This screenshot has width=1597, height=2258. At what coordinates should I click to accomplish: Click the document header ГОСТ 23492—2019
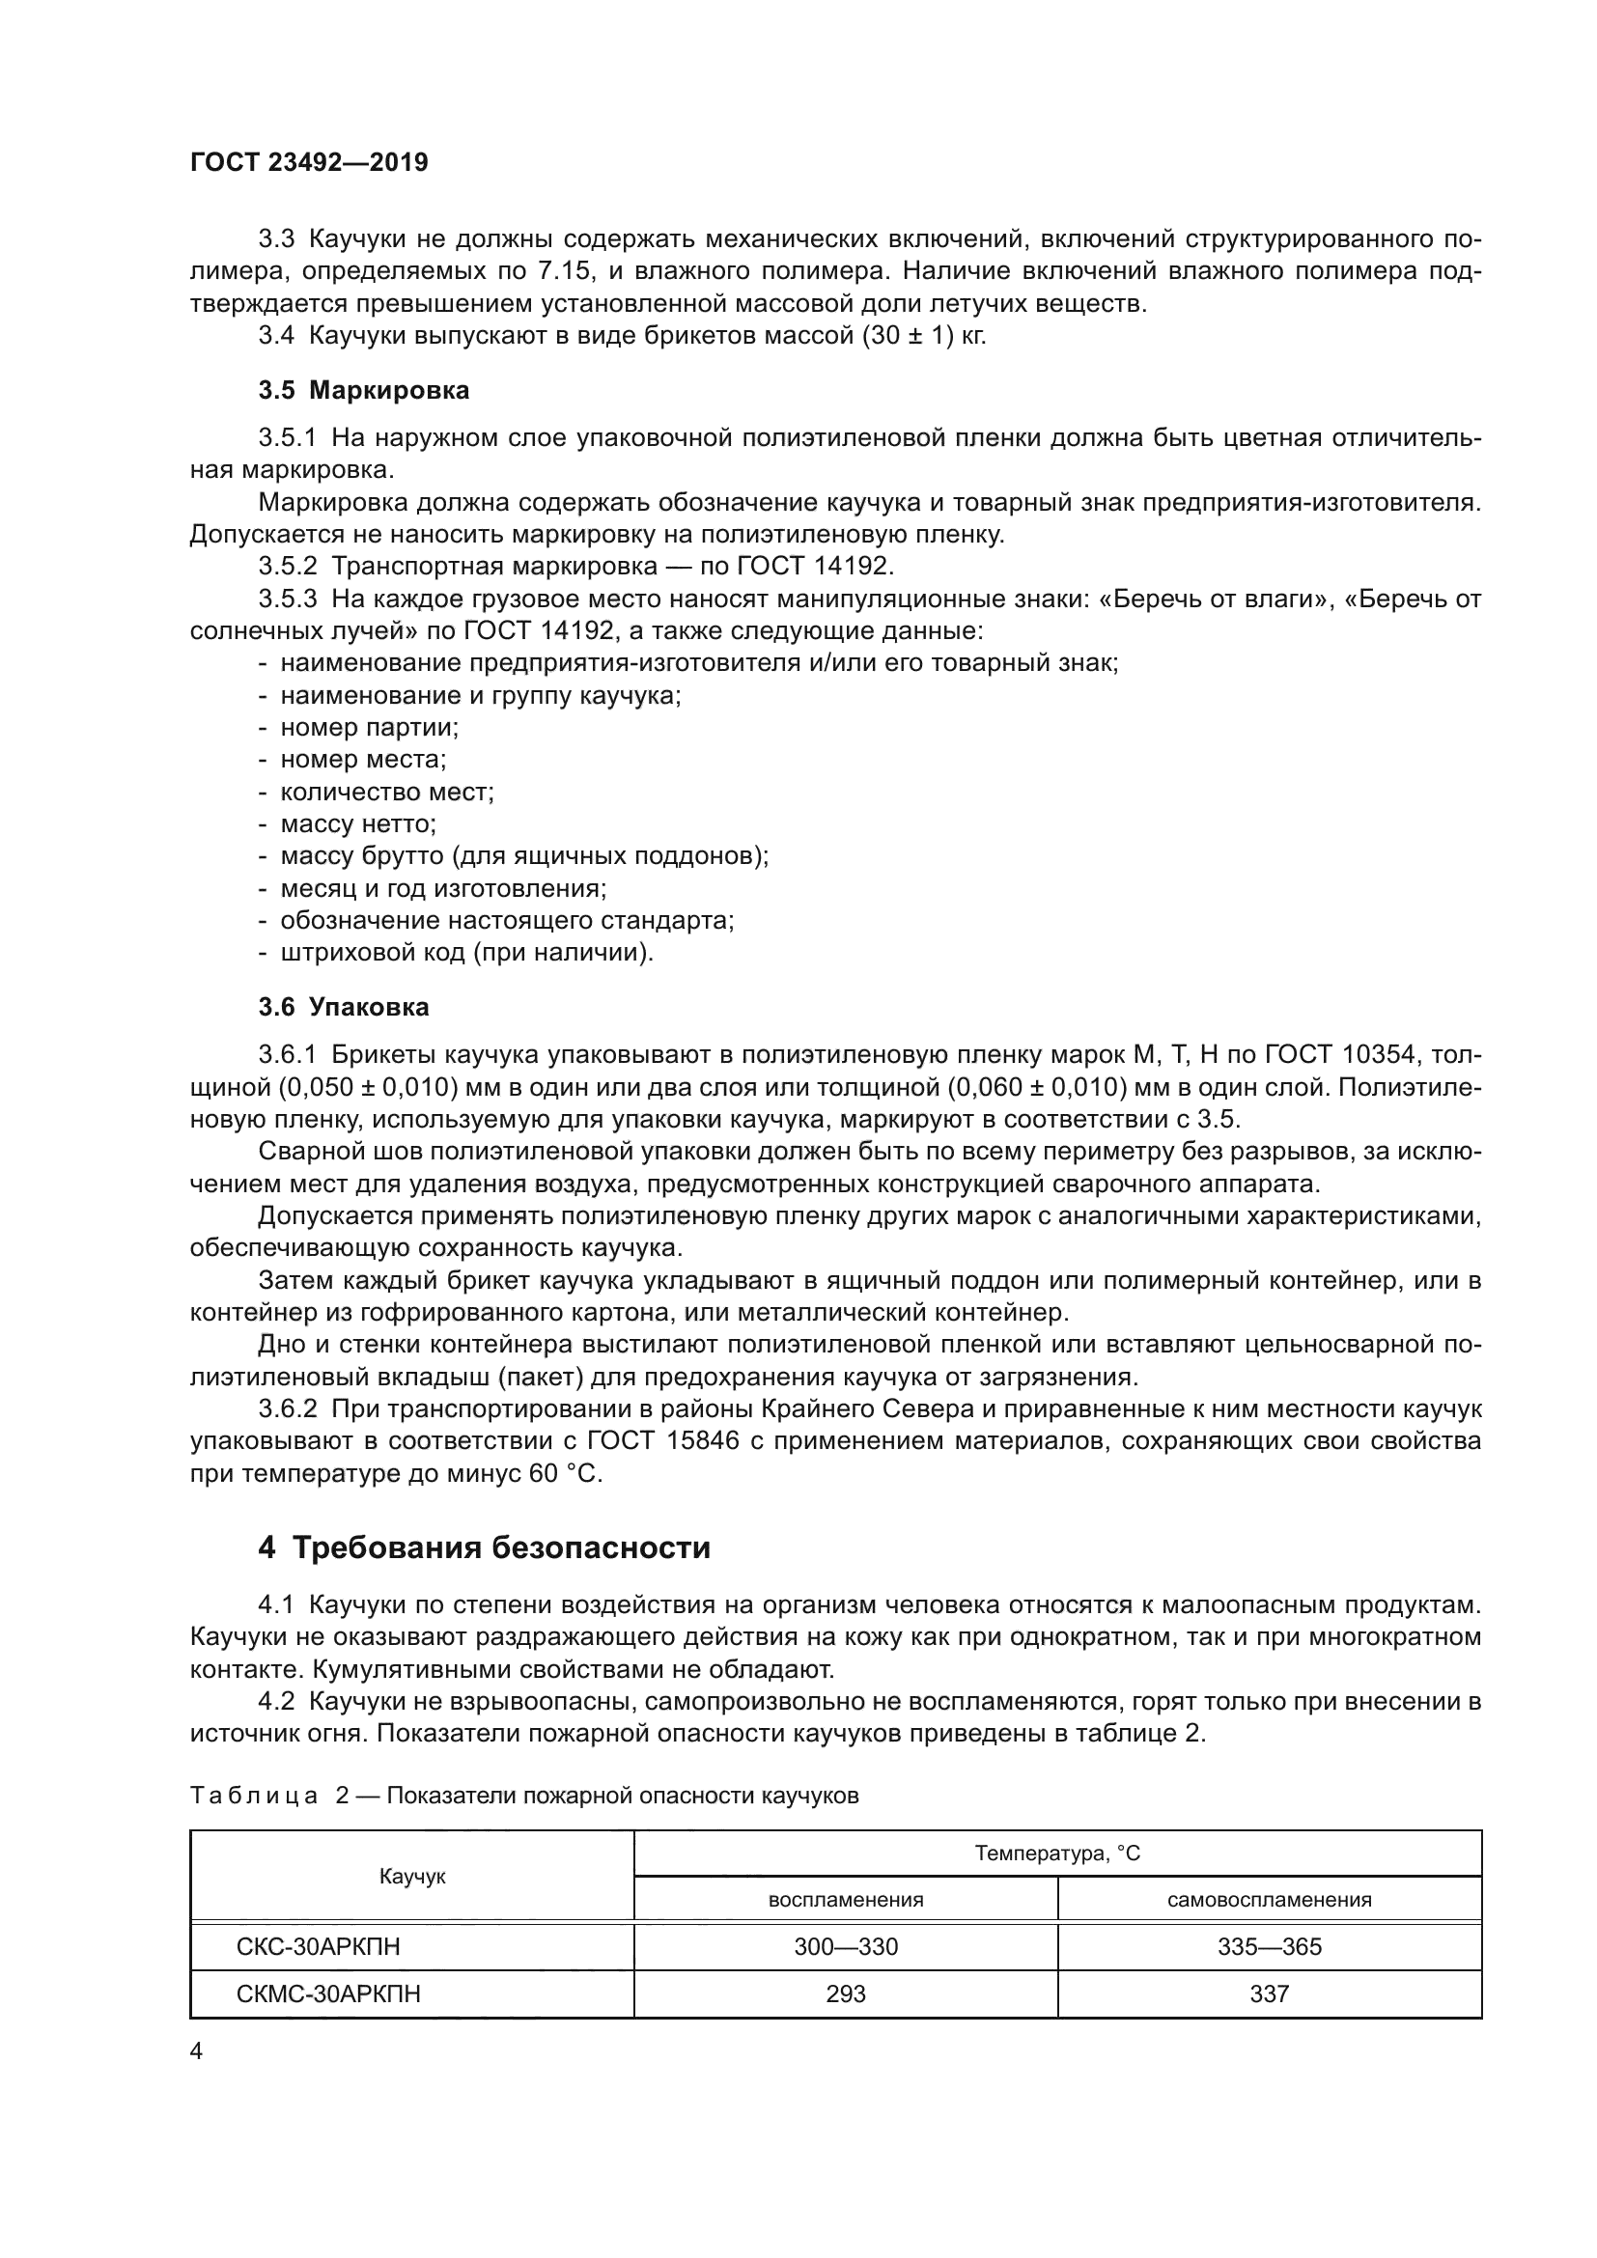click(x=309, y=162)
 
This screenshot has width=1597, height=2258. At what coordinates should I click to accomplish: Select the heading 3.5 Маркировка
click(x=364, y=390)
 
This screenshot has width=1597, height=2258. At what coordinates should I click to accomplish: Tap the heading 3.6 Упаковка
click(x=343, y=1007)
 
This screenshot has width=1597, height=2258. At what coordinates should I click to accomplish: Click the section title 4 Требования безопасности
click(x=484, y=1547)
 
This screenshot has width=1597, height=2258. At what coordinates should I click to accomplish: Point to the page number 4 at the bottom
click(x=196, y=2051)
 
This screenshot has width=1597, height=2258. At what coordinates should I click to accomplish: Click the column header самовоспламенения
click(x=1269, y=1900)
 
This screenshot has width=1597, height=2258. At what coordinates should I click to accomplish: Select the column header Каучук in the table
click(x=412, y=1877)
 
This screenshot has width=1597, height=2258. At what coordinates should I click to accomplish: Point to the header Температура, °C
click(x=1057, y=1854)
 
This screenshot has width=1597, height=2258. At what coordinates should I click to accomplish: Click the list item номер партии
click(x=369, y=728)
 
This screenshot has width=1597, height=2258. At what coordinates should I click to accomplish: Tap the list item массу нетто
click(x=358, y=824)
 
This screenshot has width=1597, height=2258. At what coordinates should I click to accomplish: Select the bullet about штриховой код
click(x=466, y=953)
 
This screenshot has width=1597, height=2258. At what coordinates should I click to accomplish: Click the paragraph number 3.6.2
click(x=287, y=1409)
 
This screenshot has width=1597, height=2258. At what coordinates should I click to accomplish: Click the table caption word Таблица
click(x=253, y=1796)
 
